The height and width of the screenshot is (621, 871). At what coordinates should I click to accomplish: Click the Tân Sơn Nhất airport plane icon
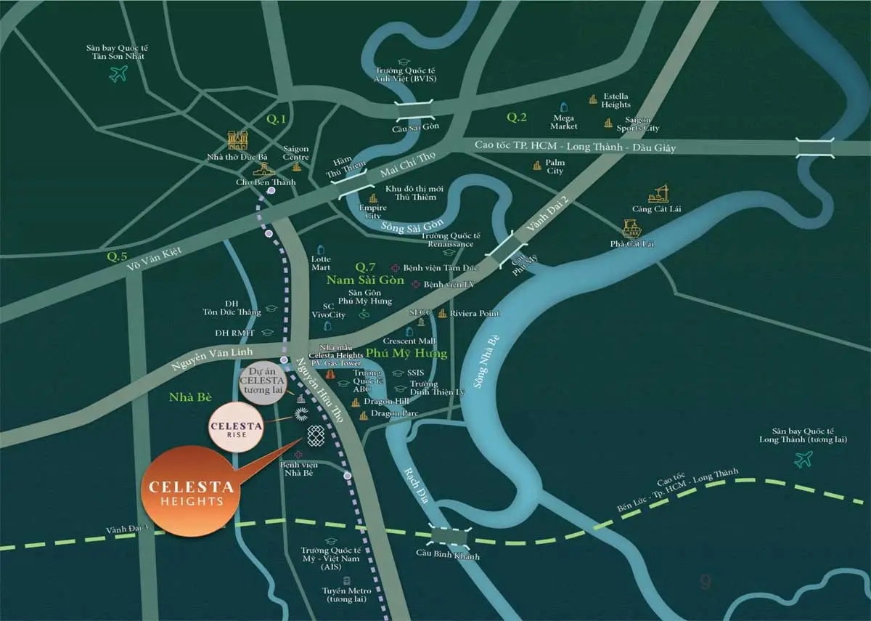click(x=118, y=73)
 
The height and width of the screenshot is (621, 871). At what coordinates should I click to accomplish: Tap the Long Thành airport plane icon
click(x=803, y=459)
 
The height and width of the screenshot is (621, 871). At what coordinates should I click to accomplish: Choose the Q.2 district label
click(x=516, y=117)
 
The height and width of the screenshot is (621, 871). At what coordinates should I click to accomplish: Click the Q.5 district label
click(x=117, y=256)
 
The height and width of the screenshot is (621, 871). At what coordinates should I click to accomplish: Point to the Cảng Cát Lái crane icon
click(x=660, y=192)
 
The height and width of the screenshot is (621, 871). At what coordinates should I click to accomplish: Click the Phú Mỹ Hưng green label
click(x=406, y=353)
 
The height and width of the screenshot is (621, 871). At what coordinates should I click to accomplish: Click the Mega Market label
click(x=564, y=122)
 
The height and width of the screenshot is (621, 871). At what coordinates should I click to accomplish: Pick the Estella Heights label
click(x=616, y=100)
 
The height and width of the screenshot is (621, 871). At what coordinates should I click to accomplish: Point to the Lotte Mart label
click(x=321, y=263)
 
